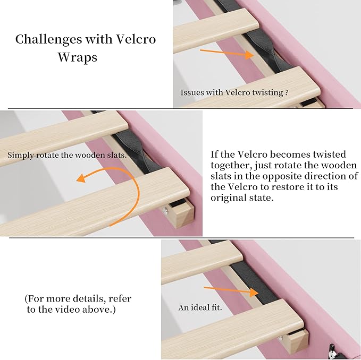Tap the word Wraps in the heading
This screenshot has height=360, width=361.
pos(78,57)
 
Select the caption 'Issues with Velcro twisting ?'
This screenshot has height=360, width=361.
pos(234,92)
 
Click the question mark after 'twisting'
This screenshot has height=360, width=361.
pos(287,92)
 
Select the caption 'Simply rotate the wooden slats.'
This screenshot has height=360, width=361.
pos(67,155)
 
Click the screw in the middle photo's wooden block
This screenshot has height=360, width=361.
pos(169,211)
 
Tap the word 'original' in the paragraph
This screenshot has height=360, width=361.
pos(231,198)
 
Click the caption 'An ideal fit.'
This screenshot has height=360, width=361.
pos(200,307)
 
